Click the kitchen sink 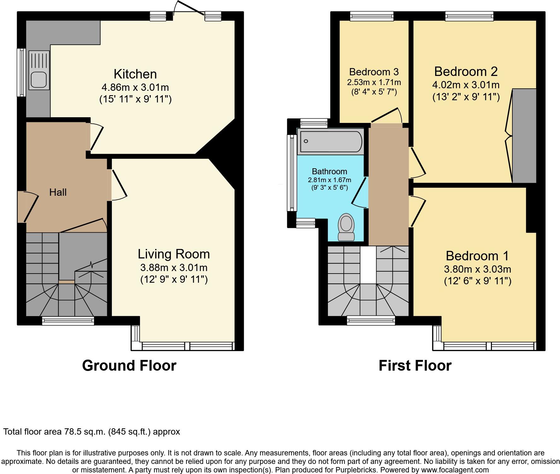[39, 70]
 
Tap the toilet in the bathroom [346, 227]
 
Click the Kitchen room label [135, 74]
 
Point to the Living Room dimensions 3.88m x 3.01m [174, 268]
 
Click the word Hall [58, 192]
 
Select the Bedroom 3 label [374, 72]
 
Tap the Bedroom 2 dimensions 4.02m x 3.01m [466, 85]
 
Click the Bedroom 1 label [477, 256]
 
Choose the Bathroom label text [329, 171]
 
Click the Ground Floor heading [129, 366]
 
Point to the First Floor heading [415, 366]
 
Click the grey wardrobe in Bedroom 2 [524, 136]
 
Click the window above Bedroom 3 [372, 16]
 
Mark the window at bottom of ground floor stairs [68, 321]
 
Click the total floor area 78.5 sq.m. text [91, 431]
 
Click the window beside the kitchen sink [21, 72]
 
